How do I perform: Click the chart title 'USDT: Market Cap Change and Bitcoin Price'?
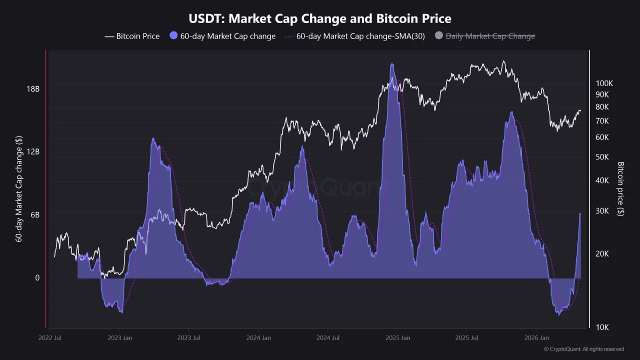(320, 19)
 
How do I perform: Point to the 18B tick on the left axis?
(32, 89)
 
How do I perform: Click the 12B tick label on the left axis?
(32, 151)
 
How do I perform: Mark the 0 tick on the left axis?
(37, 277)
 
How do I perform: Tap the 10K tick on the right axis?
(602, 327)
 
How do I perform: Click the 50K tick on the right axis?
(602, 157)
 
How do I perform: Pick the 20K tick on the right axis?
(602, 253)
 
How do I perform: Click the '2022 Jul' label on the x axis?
(50, 338)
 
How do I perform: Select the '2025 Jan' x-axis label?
(397, 338)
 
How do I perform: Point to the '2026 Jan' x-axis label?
(536, 338)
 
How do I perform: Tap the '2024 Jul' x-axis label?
(328, 338)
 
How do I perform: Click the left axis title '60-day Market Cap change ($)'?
(19, 188)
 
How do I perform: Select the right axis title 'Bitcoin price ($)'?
(621, 188)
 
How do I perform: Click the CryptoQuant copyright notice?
(583, 349)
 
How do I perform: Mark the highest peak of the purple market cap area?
(392, 64)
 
